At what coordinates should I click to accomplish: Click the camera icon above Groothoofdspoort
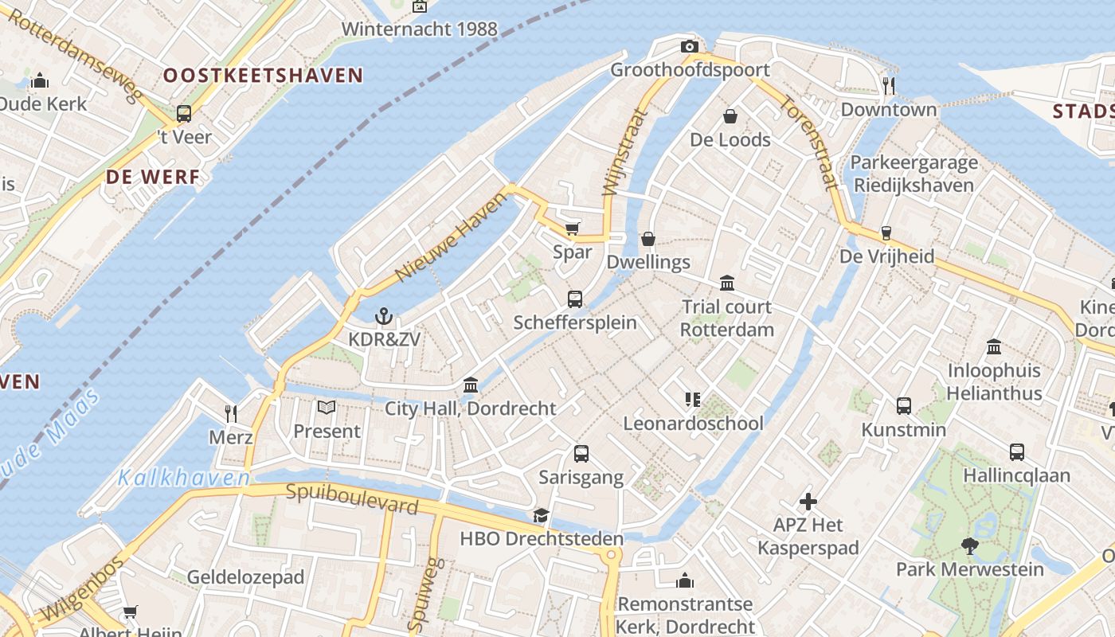pos(690,47)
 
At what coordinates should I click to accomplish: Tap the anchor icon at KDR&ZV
pos(384,317)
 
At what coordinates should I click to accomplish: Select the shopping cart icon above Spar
pos(572,229)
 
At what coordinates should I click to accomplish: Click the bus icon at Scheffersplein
pos(575,299)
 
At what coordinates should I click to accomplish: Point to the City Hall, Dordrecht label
pos(470,408)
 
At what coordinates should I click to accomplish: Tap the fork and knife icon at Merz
pos(231,413)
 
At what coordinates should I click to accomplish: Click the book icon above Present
pos(327,408)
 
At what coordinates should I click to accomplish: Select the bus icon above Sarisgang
pos(581,454)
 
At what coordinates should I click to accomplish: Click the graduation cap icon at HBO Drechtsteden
pos(542,516)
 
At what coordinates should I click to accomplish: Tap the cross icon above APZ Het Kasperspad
pos(808,502)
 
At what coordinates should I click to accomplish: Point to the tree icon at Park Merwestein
pos(969,546)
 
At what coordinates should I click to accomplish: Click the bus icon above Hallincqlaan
pos(1017,452)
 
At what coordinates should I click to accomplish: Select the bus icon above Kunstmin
pos(904,406)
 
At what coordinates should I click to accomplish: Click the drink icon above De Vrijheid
pos(886,233)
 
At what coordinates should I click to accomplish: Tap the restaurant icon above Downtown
pos(889,85)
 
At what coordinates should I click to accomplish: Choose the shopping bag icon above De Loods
pos(730,117)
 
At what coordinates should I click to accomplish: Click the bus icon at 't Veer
pos(184,114)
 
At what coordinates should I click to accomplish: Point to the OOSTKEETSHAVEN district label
pos(263,76)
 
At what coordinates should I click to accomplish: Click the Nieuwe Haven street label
pos(451,236)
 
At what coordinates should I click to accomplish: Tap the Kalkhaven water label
pos(184,478)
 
